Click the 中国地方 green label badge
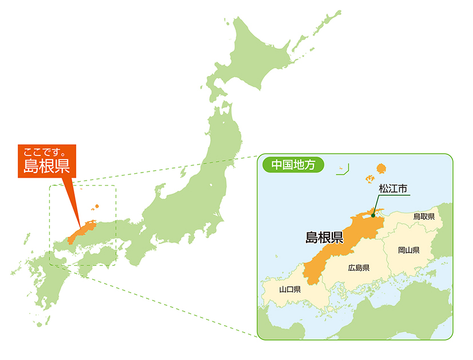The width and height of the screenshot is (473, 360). (x=292, y=165)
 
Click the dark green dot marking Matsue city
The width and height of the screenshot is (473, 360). (x=373, y=215)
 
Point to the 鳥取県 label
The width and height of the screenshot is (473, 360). (x=424, y=217)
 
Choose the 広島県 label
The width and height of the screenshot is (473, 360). (x=359, y=267)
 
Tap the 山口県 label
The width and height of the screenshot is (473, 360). (x=289, y=289)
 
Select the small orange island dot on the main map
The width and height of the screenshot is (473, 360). (x=97, y=206)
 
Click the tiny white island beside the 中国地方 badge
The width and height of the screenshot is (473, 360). (x=340, y=167)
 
